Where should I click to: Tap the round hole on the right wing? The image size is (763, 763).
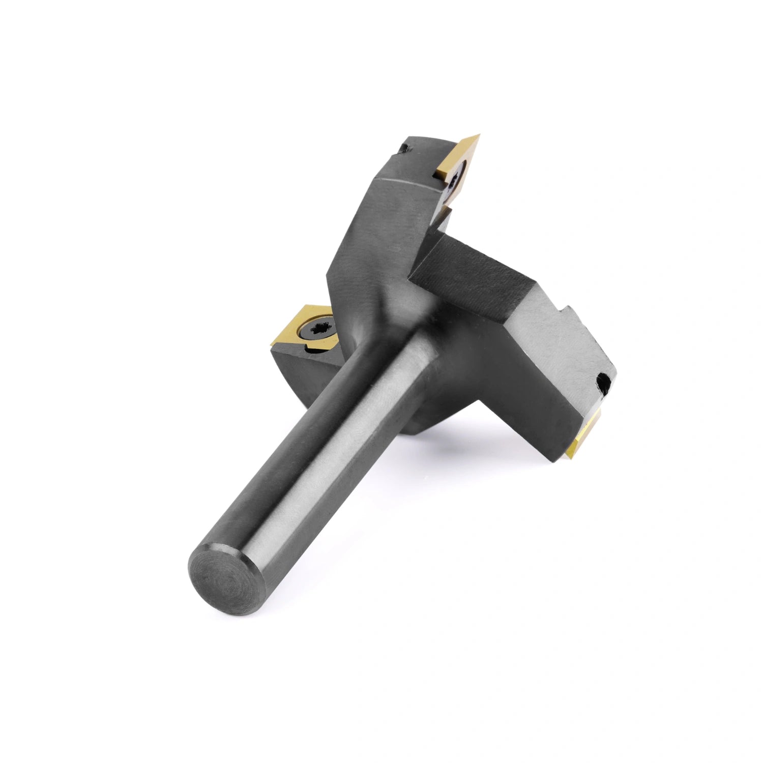tap(604, 379)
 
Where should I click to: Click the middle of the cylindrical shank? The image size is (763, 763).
tap(315, 458)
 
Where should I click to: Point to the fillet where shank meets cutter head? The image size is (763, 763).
tap(402, 326)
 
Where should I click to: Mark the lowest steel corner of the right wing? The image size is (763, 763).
tap(552, 460)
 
